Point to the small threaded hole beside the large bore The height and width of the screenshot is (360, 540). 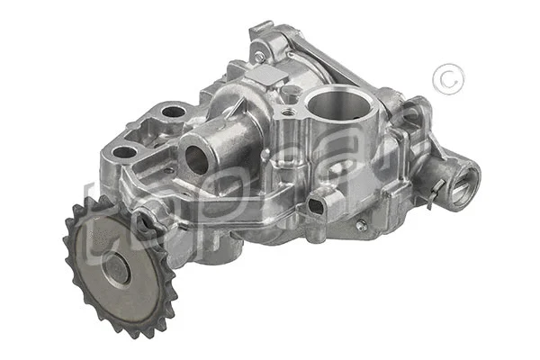click(x=288, y=112)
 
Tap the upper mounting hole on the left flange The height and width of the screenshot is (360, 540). click(x=174, y=112)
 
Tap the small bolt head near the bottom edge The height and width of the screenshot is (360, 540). click(x=361, y=226)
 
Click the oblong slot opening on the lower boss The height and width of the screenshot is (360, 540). click(x=316, y=205)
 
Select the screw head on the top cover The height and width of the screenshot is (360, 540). click(x=259, y=57)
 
